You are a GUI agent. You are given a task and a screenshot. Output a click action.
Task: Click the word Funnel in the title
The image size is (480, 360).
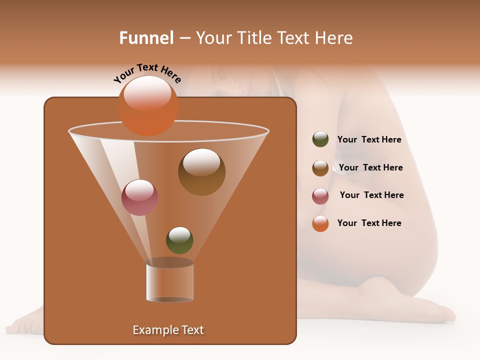(x=146, y=38)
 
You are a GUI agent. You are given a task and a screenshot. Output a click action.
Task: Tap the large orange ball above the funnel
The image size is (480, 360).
(x=147, y=105)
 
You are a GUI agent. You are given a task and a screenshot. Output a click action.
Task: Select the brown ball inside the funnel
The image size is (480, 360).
(x=201, y=172)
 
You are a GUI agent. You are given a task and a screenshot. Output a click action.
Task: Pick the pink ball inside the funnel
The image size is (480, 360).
(x=139, y=197)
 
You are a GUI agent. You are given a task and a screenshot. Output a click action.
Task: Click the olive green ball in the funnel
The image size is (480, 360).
(x=179, y=240)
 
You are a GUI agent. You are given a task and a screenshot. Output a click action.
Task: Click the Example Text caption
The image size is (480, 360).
(x=168, y=330)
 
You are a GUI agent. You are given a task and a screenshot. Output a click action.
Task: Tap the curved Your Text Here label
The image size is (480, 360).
(x=147, y=73)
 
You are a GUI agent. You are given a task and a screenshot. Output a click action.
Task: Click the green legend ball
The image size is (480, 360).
(x=320, y=139)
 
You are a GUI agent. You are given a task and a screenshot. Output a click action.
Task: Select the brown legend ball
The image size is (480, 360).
(x=320, y=168)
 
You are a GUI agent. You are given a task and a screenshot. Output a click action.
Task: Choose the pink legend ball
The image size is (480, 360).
(x=320, y=196)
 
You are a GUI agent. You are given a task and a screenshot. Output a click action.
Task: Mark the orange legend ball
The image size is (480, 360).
(x=320, y=223)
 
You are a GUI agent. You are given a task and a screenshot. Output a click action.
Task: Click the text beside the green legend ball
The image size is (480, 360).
(x=369, y=140)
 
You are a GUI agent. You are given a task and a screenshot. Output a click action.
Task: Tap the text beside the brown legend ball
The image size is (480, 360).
(x=370, y=168)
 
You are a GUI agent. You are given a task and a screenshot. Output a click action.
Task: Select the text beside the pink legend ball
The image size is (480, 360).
(x=371, y=195)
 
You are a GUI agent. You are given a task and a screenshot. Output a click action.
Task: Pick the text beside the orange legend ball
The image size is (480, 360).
(x=369, y=223)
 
